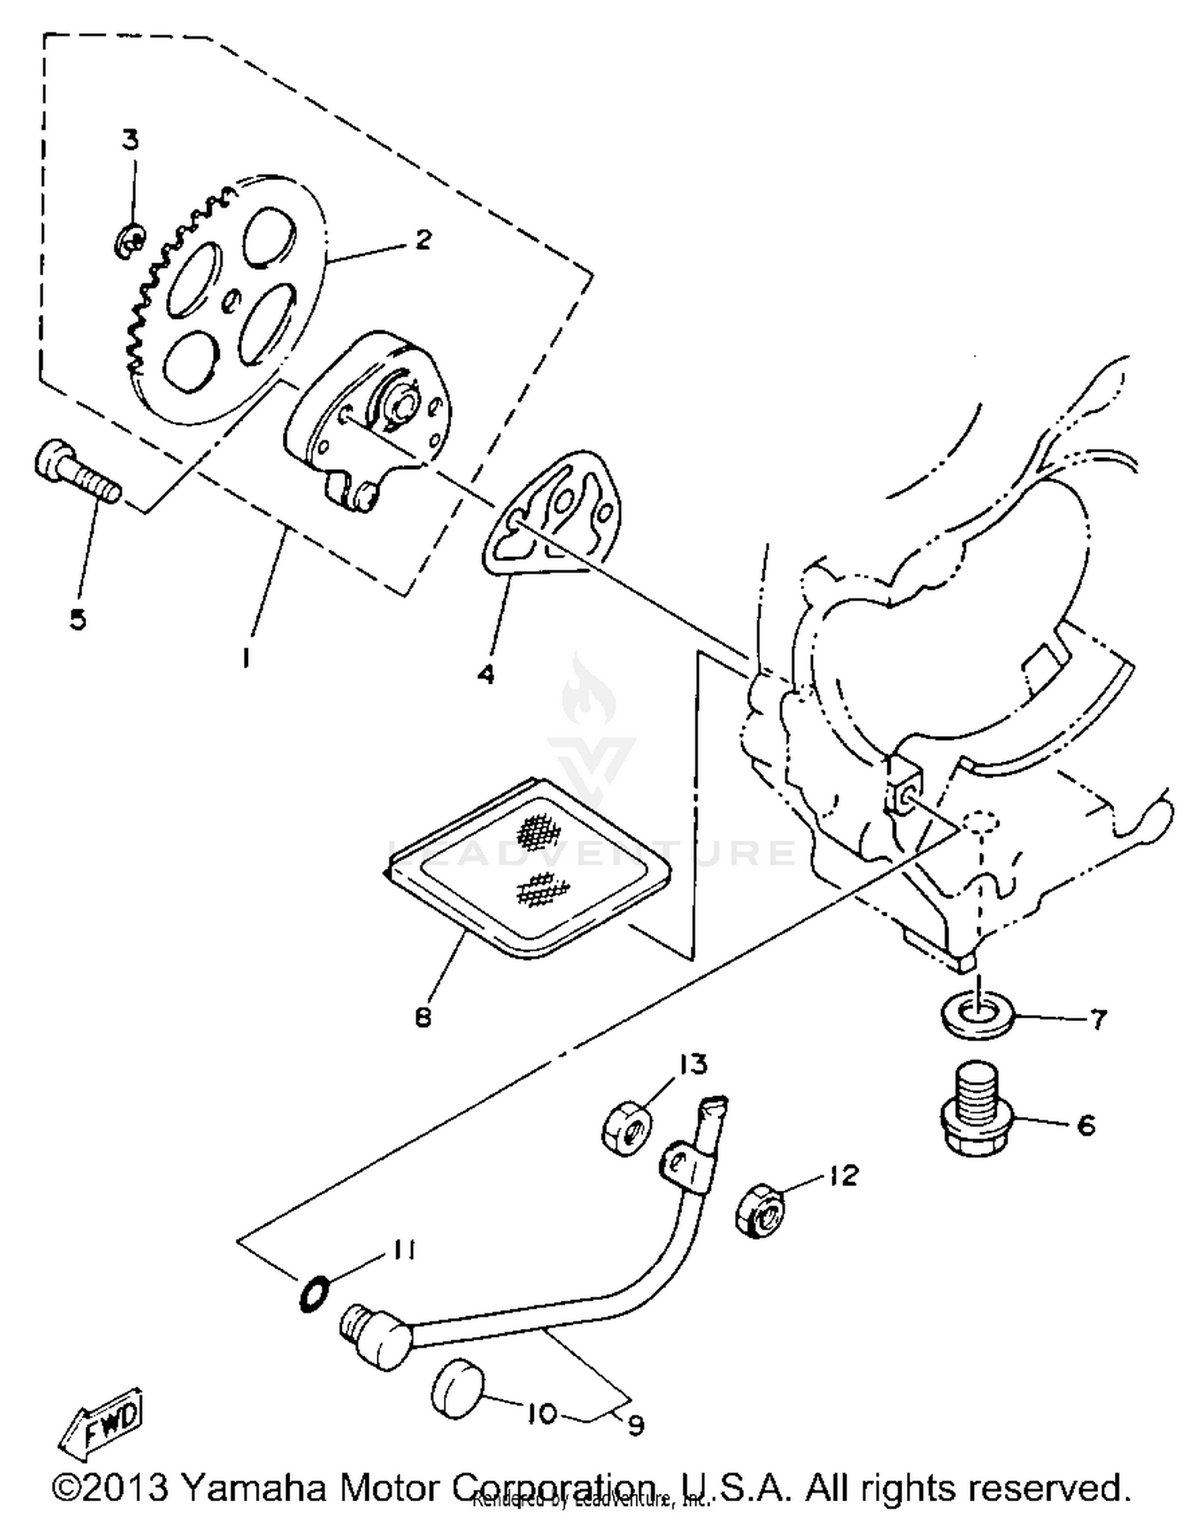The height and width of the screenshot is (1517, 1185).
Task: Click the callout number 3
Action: (x=130, y=141)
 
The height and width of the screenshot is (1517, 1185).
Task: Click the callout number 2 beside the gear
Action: (x=423, y=239)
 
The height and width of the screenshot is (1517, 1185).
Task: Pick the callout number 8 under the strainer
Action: (x=423, y=1019)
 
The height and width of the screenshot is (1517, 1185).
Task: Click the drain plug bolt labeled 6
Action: (x=978, y=1109)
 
